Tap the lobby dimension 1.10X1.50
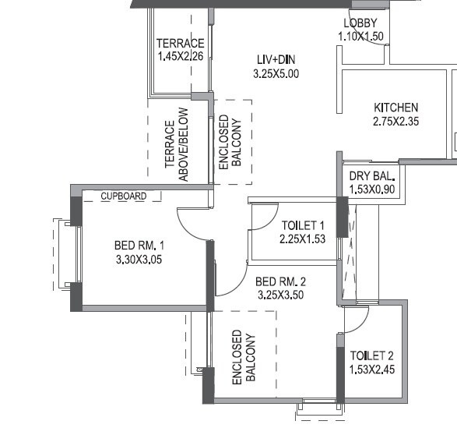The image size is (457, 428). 361,36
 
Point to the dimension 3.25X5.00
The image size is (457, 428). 276,74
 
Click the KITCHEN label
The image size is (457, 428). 395,108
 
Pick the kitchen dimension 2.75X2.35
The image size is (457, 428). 395,121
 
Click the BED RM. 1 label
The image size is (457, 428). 139,246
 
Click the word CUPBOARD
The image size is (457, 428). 123,196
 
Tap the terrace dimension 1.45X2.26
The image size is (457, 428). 180,57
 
